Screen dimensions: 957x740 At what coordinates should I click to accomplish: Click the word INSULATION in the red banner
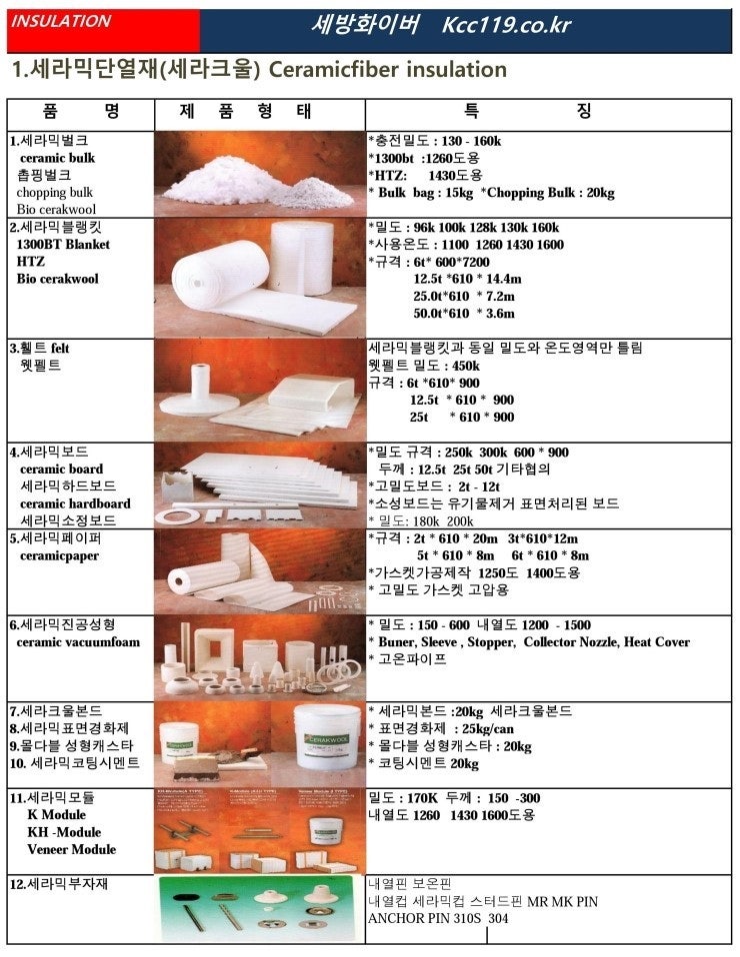61,21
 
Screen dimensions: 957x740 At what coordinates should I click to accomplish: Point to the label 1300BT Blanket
64,244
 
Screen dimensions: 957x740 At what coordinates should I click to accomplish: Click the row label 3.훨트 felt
40,348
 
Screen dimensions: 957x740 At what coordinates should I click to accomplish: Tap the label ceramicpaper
59,555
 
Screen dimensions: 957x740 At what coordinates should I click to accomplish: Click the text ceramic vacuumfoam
77,642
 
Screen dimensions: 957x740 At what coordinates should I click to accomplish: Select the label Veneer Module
71,850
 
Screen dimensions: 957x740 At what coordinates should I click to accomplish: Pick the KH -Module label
65,832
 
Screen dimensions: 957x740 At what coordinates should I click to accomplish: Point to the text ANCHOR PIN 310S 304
439,919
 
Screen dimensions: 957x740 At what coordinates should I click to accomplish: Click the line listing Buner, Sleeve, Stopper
529,642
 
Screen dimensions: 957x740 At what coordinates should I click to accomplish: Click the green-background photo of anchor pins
259,909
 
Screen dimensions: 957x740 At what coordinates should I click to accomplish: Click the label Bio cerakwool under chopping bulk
56,210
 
